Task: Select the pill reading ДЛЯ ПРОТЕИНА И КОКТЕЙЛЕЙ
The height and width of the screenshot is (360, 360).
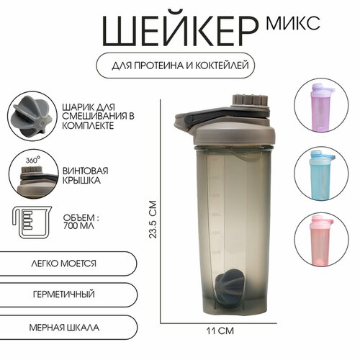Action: point(180,66)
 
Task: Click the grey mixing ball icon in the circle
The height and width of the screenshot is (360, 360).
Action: point(30,113)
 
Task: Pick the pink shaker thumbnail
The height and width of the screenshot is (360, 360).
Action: point(321,238)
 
